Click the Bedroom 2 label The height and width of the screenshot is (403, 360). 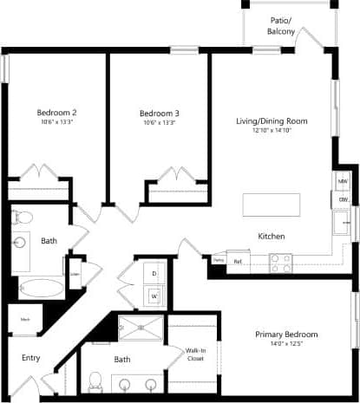point(57,113)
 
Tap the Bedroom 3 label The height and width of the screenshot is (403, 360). point(160,113)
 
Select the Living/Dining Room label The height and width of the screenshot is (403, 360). point(272,120)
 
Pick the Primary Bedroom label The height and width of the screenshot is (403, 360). point(286,335)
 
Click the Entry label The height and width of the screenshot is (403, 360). point(30,357)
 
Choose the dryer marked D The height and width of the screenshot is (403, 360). point(154,274)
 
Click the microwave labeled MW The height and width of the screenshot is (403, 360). point(343,181)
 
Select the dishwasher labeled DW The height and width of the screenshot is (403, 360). point(343,200)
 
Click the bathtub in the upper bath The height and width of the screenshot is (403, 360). point(40,288)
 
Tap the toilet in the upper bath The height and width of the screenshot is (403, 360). point(23,218)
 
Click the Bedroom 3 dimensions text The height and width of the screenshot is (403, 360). point(160,123)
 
